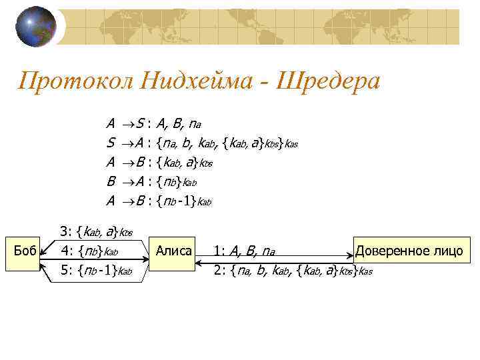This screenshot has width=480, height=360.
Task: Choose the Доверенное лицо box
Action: [x=408, y=251]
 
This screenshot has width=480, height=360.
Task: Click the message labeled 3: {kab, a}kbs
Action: [x=97, y=232]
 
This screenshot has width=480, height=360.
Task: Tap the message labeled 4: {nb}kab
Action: [x=89, y=252]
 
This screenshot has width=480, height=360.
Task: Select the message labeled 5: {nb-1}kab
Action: [x=93, y=270]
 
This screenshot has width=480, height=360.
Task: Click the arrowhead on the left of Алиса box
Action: [x=149, y=251]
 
